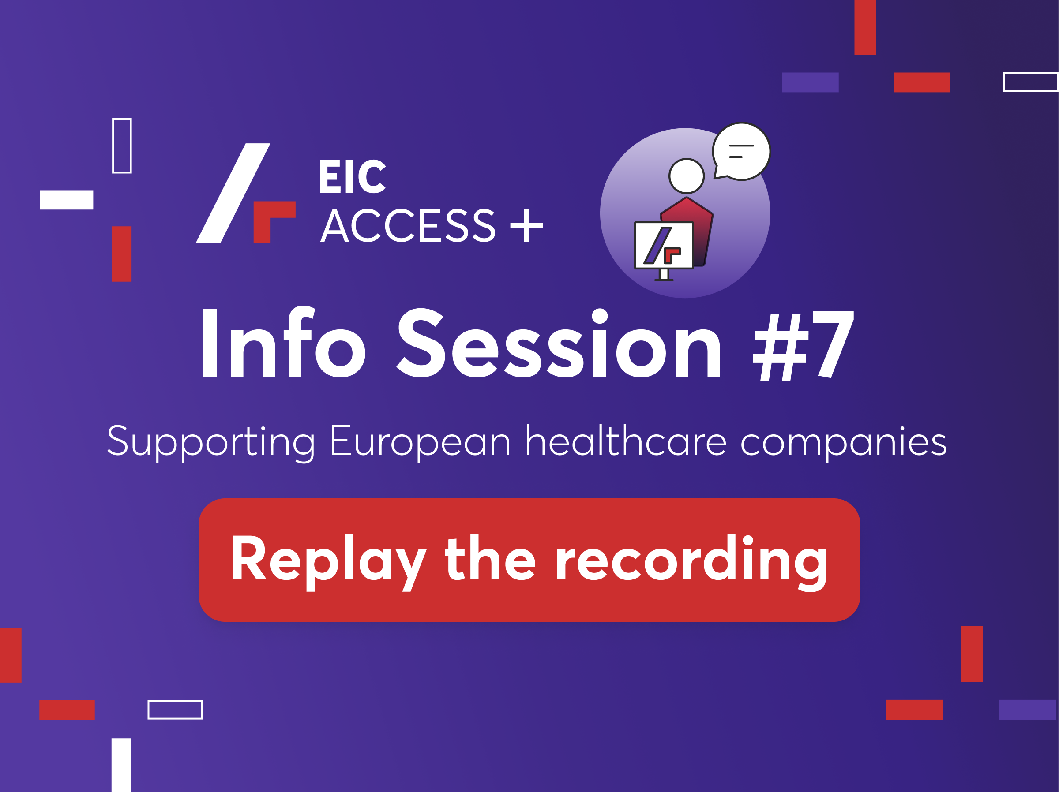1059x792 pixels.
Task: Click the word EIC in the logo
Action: coord(353,176)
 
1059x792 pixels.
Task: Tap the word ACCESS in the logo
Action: coord(408,225)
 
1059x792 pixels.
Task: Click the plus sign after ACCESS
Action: coord(526,225)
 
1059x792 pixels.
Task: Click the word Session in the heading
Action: coord(559,343)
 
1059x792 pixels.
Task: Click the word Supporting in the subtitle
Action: coord(211,443)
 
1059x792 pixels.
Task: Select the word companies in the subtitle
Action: coord(844,443)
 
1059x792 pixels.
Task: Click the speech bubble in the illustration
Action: coord(742,151)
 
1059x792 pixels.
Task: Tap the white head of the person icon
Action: coord(687,176)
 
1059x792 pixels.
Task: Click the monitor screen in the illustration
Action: coord(664,246)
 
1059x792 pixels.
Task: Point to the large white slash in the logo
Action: coord(233,193)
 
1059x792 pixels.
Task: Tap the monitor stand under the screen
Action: coord(664,275)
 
